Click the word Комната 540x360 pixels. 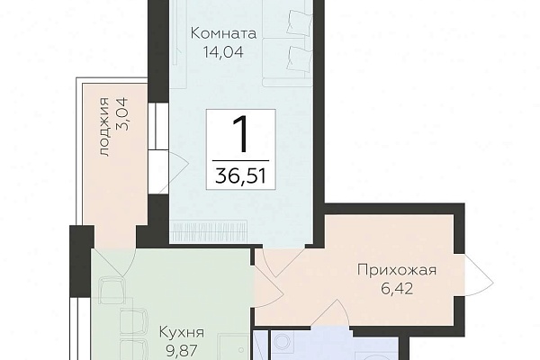click(x=223, y=34)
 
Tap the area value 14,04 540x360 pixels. click(x=223, y=52)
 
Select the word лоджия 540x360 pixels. click(x=104, y=128)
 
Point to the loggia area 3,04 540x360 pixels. click(x=121, y=113)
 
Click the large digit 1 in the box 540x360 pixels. click(x=240, y=134)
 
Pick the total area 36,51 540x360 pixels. click(x=240, y=176)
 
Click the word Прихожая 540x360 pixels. click(x=397, y=270)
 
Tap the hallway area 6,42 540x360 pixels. click(x=397, y=289)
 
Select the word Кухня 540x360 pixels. click(x=182, y=332)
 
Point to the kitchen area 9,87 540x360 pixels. click(x=182, y=351)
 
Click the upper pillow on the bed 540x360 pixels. click(x=300, y=22)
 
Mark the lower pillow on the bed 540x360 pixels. click(x=300, y=60)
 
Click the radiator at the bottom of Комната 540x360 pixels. click(x=209, y=228)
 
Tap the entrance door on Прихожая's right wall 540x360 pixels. click(x=478, y=270)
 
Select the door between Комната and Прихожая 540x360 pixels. click(x=283, y=262)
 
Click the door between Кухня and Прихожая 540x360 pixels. click(x=268, y=283)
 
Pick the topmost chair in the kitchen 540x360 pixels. click(x=111, y=291)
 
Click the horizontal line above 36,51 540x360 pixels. click(x=240, y=160)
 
